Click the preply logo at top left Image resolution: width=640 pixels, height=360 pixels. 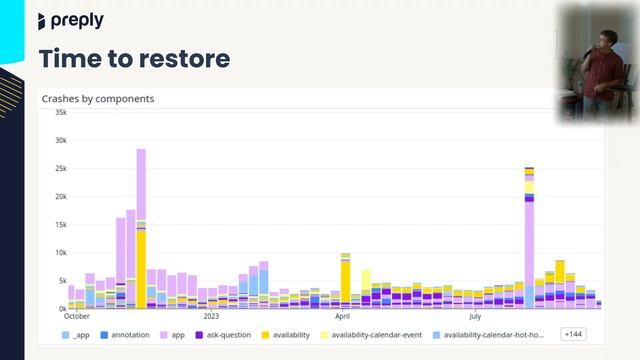point(70,21)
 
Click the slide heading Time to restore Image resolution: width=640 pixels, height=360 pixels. point(134,58)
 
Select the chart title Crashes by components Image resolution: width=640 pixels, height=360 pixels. point(98,99)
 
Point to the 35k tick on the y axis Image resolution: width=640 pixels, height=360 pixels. point(60,112)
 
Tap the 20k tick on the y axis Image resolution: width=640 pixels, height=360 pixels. point(60,197)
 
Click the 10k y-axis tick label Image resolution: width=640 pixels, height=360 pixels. point(60,253)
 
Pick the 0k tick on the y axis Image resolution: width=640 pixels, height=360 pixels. point(61,309)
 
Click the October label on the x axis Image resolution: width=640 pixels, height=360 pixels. point(77,316)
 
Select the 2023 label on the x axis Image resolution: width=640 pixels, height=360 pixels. point(211,316)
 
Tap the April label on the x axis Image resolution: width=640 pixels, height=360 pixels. point(343,316)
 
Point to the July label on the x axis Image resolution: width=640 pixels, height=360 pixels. point(475,316)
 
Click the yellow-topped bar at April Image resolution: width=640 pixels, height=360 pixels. point(345,281)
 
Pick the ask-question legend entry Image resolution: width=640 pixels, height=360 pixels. point(226,335)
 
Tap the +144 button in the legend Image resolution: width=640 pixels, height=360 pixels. point(574,335)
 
